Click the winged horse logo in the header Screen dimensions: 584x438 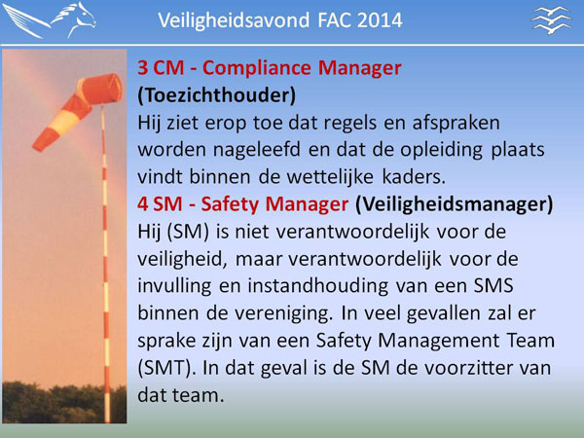coord(50,20)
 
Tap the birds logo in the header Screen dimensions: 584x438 coord(551,20)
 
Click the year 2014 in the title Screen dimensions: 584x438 coord(380,20)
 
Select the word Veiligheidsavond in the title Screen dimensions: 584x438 coord(234,20)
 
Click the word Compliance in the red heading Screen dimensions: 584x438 coord(257,68)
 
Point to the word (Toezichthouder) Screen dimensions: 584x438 coord(217,95)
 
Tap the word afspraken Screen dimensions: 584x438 coord(456,124)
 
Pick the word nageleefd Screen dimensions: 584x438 coord(257,150)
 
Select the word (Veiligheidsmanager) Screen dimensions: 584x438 coord(455,204)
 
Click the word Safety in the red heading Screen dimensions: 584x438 coord(230,204)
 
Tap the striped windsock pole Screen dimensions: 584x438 coord(105,264)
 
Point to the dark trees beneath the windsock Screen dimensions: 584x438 coord(64,403)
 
